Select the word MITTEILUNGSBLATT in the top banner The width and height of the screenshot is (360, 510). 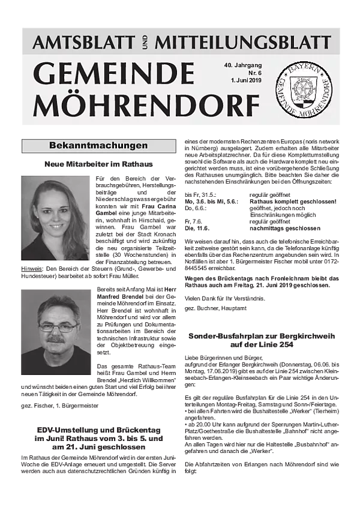pyautogui.click(x=242, y=42)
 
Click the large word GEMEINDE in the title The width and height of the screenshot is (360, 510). pyautogui.click(x=113, y=74)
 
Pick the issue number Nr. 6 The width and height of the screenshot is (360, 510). pyautogui.click(x=247, y=73)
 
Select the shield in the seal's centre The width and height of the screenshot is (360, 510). pyautogui.click(x=303, y=90)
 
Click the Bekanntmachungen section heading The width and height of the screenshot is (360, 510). pyautogui.click(x=98, y=146)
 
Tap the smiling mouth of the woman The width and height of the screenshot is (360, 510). pyautogui.click(x=56, y=227)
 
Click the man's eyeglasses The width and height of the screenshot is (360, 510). pyautogui.click(x=58, y=328)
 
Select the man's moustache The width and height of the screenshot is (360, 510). pyautogui.click(x=56, y=339)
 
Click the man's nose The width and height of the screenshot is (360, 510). pyautogui.click(x=57, y=332)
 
